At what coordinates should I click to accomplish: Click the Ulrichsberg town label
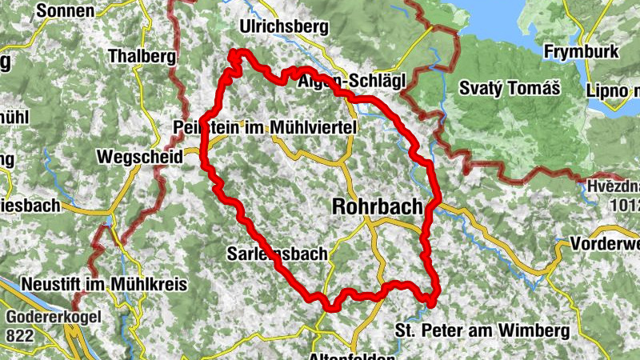[x=284, y=26]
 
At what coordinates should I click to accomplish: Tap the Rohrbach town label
[x=377, y=207]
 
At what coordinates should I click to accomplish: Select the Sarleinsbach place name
[x=278, y=254]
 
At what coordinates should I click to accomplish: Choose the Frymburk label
[x=581, y=52]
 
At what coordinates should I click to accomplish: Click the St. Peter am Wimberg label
[x=482, y=329]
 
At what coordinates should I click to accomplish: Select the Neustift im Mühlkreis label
[x=104, y=284]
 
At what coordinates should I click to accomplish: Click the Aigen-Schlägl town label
[x=352, y=82]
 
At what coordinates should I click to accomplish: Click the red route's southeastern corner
[x=432, y=302]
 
